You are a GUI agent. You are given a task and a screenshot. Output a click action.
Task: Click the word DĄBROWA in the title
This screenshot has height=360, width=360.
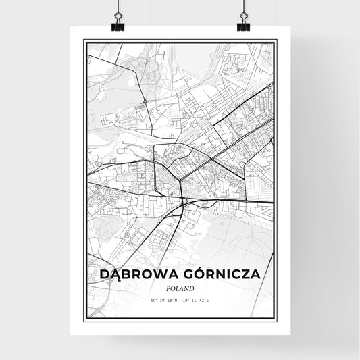pos(138,275)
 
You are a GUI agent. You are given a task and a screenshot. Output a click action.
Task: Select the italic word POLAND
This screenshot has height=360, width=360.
pos(179,288)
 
